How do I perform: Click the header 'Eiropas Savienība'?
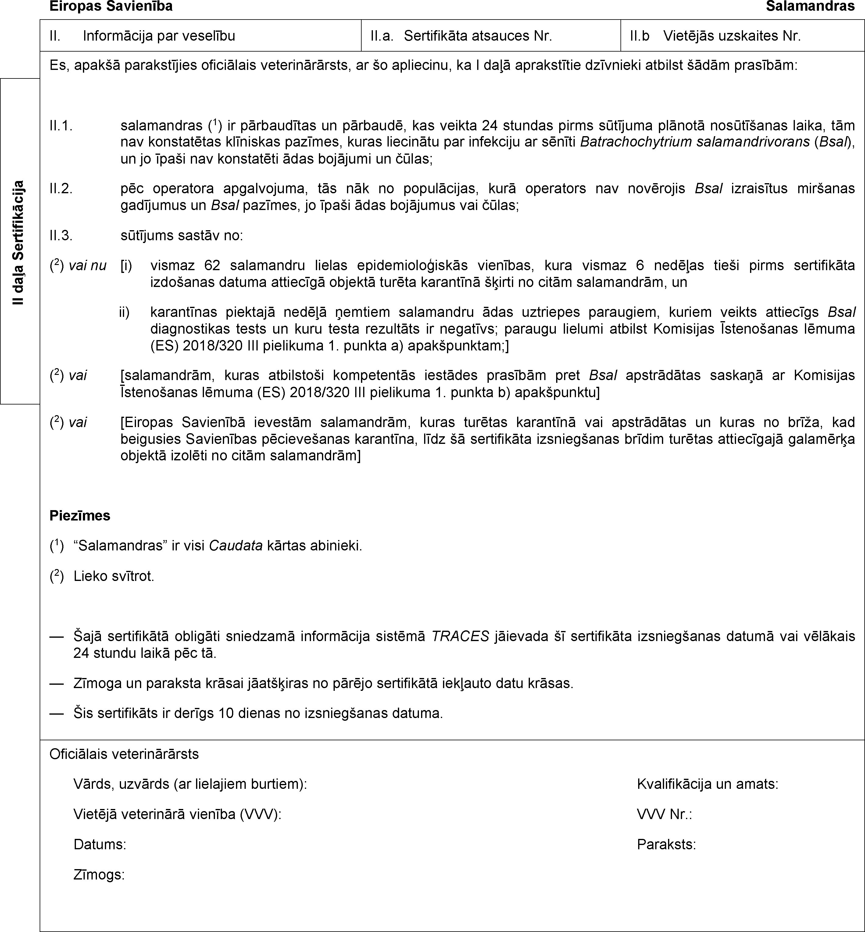[x=111, y=6]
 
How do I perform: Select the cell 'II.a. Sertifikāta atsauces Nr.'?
[x=461, y=36]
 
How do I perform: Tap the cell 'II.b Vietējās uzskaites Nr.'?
[x=715, y=36]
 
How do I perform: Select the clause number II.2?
[x=61, y=188]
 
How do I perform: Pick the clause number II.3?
[x=61, y=235]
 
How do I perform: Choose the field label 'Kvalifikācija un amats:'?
[x=708, y=784]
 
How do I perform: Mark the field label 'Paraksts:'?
[x=666, y=845]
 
